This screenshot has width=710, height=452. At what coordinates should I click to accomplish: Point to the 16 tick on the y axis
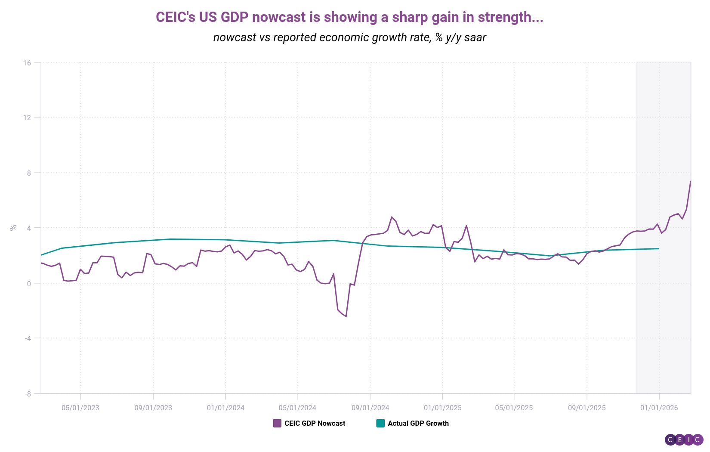pyautogui.click(x=27, y=63)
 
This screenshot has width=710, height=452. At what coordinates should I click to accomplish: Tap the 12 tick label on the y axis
pyautogui.click(x=27, y=118)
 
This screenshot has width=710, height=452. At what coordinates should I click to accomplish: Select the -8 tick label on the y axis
pyautogui.click(x=27, y=393)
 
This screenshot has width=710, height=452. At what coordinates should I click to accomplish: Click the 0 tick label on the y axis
pyautogui.click(x=29, y=283)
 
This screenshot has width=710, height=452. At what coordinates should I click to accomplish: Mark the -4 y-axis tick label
pyautogui.click(x=27, y=338)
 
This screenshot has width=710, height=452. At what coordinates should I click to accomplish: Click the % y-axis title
pyautogui.click(x=13, y=227)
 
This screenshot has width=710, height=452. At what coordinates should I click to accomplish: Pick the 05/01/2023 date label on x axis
pyautogui.click(x=80, y=408)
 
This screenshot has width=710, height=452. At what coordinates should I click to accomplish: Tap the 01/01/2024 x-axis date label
pyautogui.click(x=225, y=408)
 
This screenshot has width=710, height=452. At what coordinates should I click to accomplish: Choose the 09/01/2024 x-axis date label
pyautogui.click(x=370, y=408)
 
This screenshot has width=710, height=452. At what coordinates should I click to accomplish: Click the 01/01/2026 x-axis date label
pyautogui.click(x=659, y=408)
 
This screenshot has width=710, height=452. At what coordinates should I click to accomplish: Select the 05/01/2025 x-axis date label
pyautogui.click(x=514, y=408)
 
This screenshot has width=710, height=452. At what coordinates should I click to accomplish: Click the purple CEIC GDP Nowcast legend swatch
pyautogui.click(x=277, y=423)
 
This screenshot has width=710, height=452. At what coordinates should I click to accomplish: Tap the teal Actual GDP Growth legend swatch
pyautogui.click(x=380, y=423)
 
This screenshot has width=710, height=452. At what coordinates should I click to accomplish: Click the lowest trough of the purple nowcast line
pyautogui.click(x=346, y=316)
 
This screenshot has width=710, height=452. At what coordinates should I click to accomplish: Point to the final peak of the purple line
pyautogui.click(x=690, y=182)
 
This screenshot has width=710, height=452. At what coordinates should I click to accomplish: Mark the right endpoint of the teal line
pyautogui.click(x=659, y=248)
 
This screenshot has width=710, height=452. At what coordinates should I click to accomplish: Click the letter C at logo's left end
pyautogui.click(x=670, y=440)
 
